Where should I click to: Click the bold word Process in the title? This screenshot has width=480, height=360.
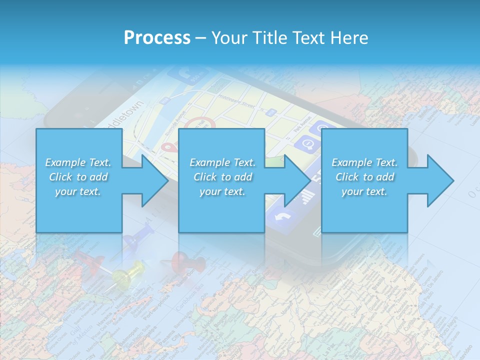[157, 37]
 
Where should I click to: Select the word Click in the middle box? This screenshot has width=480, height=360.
[205, 177]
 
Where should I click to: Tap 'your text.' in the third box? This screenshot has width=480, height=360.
[364, 191]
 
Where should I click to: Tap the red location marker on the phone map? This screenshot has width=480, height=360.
[169, 147]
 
